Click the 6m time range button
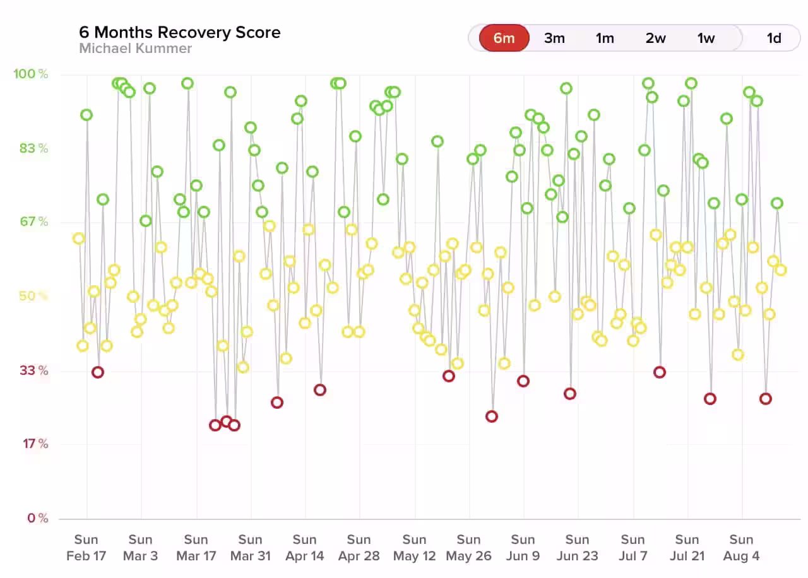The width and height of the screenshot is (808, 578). pyautogui.click(x=504, y=38)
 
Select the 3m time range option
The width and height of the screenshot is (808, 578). pyautogui.click(x=554, y=38)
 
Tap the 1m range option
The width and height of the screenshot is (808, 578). pyautogui.click(x=605, y=38)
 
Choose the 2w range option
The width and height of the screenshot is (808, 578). pyautogui.click(x=655, y=38)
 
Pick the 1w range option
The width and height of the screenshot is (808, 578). pyautogui.click(x=706, y=38)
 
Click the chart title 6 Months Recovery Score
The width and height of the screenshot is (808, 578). pyautogui.click(x=180, y=32)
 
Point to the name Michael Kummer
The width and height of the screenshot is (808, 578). pyautogui.click(x=135, y=49)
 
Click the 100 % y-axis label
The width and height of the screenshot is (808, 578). pyautogui.click(x=30, y=74)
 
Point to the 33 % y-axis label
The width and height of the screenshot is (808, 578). pyautogui.click(x=33, y=370)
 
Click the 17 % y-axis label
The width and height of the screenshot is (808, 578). pyautogui.click(x=35, y=444)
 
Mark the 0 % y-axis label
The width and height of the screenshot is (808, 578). pyautogui.click(x=37, y=518)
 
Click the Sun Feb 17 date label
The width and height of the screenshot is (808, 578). pyautogui.click(x=86, y=548)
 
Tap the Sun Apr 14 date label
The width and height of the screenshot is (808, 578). pyautogui.click(x=305, y=548)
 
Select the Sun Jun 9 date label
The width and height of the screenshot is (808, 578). pyautogui.click(x=523, y=548)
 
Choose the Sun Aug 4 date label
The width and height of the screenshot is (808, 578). pyautogui.click(x=742, y=548)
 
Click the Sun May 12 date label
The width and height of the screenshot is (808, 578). pyautogui.click(x=415, y=548)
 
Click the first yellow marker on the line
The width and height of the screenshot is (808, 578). pyautogui.click(x=78, y=239)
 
